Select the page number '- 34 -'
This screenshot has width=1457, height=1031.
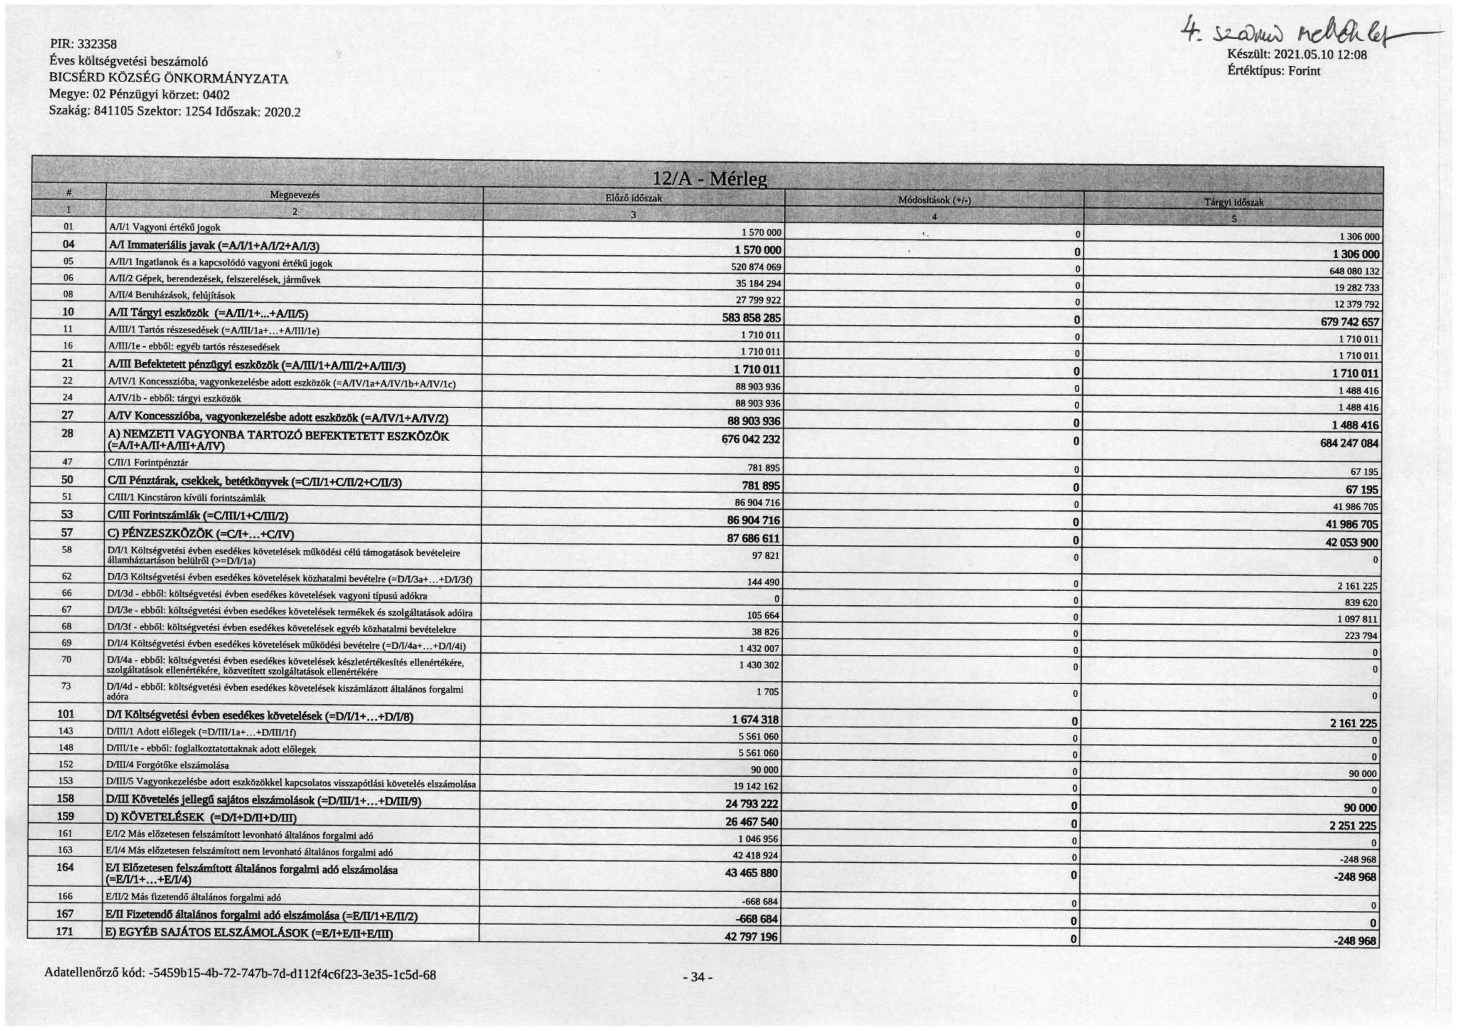pos(698,977)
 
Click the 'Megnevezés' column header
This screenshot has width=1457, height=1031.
pos(295,195)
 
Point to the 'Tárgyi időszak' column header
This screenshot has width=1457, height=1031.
pos(1233,202)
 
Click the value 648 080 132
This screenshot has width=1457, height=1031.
pos(1354,271)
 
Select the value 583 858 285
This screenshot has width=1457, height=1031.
pos(751,318)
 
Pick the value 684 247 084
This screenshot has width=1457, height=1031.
pos(1349,443)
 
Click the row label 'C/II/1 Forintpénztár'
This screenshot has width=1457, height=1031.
pos(148,463)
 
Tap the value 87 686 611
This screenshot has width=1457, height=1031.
pos(753,538)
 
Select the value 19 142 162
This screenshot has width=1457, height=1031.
pos(755,786)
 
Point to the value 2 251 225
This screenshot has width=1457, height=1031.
pos(1354,826)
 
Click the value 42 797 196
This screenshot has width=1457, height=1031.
pos(751,937)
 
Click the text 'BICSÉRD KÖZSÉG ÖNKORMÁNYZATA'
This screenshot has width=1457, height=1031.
pos(168,79)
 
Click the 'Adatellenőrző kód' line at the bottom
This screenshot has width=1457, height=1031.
pos(240,974)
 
